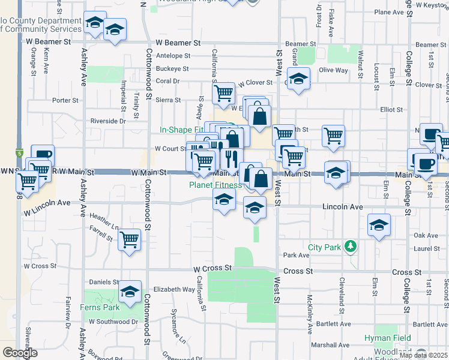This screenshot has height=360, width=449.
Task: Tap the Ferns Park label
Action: [x=100, y=307]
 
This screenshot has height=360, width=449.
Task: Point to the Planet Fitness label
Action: [x=215, y=185]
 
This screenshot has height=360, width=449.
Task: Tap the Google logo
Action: [x=20, y=352]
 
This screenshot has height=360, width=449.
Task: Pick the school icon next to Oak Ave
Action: [x=379, y=225]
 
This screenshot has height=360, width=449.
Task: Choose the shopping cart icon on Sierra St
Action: [x=223, y=93]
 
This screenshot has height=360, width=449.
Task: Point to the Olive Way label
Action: [x=333, y=70]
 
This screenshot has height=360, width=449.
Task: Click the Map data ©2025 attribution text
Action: [x=424, y=355]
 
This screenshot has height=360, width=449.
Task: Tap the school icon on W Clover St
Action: [x=298, y=80]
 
